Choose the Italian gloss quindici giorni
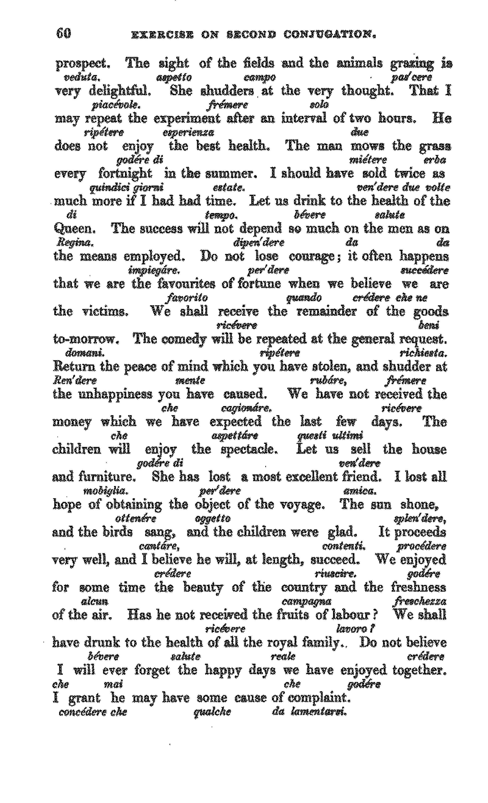click(127, 188)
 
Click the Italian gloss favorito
click(187, 298)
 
